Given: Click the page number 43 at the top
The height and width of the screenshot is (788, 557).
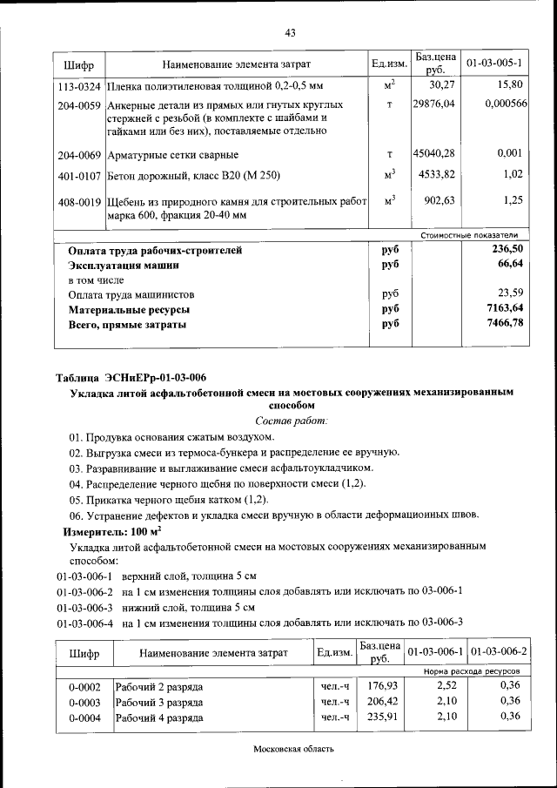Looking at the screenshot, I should [x=291, y=33].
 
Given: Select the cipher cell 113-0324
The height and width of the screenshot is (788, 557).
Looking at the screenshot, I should [x=79, y=86].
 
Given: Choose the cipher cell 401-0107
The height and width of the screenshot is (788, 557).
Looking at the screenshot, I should [x=79, y=175].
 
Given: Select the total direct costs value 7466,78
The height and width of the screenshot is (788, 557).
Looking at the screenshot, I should [x=505, y=324].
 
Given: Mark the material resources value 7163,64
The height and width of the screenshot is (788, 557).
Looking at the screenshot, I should [x=505, y=309].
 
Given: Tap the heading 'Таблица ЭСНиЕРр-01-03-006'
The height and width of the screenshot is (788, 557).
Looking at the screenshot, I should [x=131, y=377].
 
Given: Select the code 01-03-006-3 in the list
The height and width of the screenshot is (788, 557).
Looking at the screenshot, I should [x=85, y=607].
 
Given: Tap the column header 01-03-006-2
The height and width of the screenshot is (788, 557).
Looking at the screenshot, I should [x=499, y=652].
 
